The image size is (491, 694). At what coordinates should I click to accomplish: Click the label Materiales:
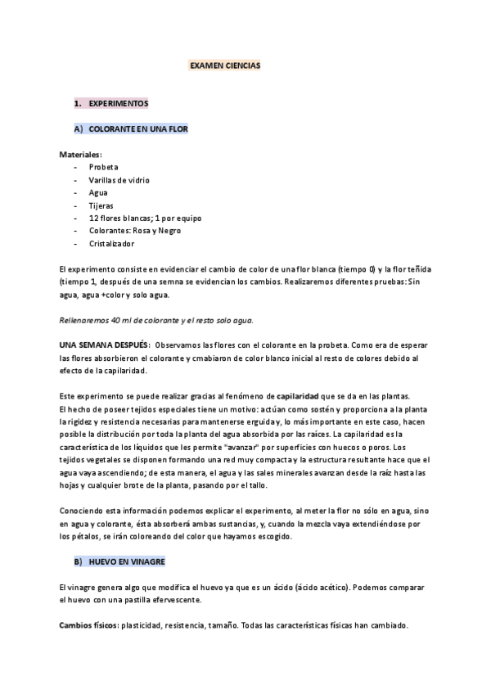point(80,154)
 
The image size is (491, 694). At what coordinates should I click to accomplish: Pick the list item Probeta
point(104,166)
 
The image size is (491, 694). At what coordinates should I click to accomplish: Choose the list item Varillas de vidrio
point(119,179)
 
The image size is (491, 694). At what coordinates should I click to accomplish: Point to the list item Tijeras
point(102,205)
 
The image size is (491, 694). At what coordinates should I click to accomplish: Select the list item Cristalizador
point(112,244)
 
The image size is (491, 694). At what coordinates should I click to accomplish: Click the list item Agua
point(98,192)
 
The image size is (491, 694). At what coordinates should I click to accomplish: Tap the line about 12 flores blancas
point(145,219)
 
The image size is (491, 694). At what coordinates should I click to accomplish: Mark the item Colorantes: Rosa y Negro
point(135,231)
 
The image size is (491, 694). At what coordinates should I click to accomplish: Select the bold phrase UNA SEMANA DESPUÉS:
point(104,345)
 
